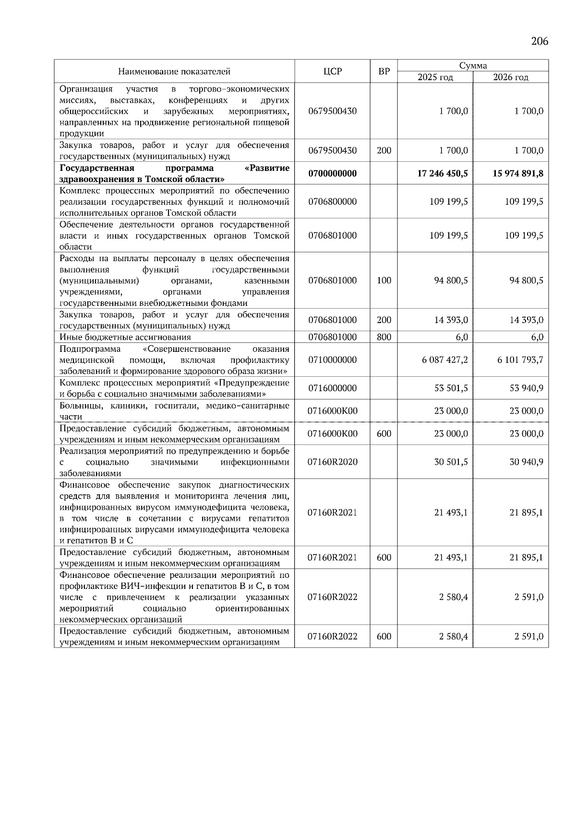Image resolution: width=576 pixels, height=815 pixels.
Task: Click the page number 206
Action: (540, 41)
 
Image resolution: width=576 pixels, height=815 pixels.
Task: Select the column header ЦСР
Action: (332, 72)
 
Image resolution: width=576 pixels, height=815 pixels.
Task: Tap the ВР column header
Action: (384, 72)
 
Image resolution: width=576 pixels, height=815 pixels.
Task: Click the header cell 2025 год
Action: (435, 77)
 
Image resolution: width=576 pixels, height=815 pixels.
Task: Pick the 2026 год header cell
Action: (510, 77)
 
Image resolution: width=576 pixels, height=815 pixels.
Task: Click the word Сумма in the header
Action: (473, 66)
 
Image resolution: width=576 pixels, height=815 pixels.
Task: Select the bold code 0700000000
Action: (332, 173)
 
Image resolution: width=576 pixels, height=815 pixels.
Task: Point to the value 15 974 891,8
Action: (518, 173)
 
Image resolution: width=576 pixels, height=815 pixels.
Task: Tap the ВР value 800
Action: (384, 337)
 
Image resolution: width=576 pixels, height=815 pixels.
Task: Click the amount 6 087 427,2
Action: (444, 360)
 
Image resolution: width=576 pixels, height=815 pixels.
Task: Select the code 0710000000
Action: (332, 360)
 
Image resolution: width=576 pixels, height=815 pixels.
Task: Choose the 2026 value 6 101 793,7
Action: (520, 360)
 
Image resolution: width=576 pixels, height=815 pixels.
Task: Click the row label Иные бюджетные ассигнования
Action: (125, 337)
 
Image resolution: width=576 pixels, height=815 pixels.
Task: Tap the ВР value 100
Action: (384, 280)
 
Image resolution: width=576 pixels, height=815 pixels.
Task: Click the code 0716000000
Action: (332, 388)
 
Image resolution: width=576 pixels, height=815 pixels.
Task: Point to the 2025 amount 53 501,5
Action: (451, 388)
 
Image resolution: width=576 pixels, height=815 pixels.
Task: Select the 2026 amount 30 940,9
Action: (526, 462)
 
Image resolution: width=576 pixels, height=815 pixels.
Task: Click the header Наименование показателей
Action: (174, 72)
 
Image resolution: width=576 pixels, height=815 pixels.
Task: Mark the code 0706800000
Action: (332, 202)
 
